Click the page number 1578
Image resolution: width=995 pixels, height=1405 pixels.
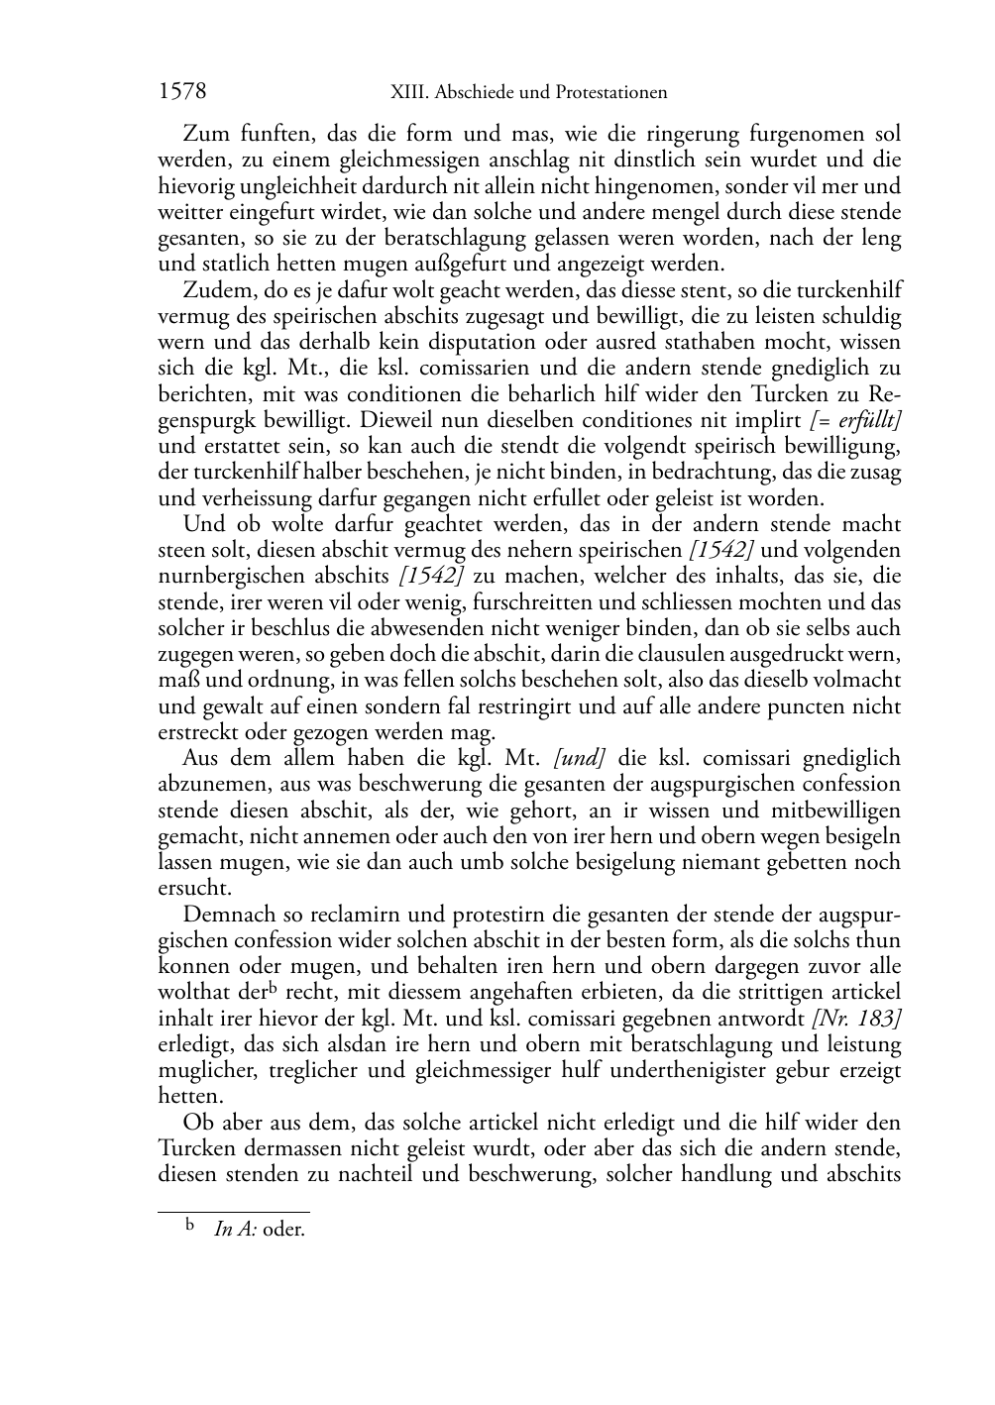182,92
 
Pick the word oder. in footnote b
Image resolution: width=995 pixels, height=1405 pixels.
284,1231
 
